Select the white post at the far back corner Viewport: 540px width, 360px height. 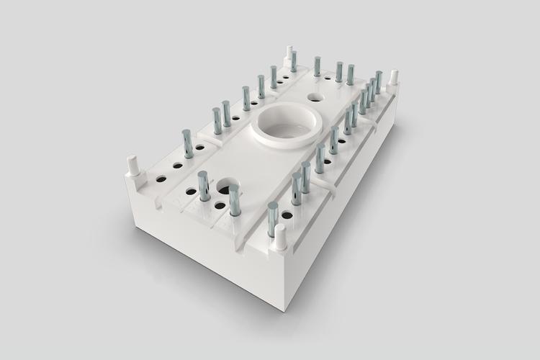click(289, 54)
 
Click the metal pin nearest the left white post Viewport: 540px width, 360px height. click(187, 143)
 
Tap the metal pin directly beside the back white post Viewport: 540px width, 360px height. click(294, 61)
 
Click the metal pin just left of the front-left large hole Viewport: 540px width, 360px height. click(204, 186)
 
